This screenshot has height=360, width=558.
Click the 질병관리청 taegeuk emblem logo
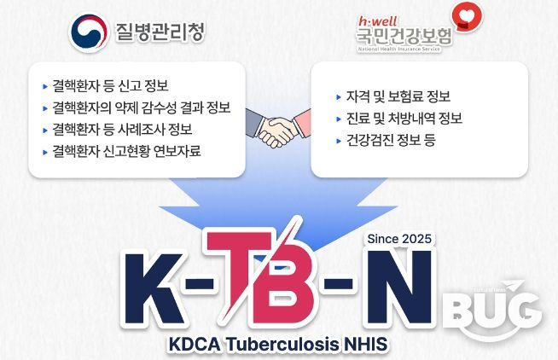(87, 32)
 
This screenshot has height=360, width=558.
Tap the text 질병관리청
(160, 32)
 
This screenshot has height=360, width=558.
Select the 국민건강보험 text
(404, 37)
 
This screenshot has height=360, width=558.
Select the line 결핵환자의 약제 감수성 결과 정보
(140, 107)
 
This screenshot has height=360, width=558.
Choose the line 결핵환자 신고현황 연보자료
(131, 152)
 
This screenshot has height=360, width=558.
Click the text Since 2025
(398, 238)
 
